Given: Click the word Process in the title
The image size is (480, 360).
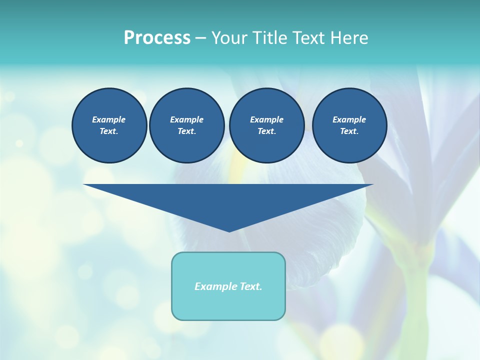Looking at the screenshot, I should click(x=157, y=38).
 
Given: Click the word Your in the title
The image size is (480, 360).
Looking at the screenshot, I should click(x=228, y=38).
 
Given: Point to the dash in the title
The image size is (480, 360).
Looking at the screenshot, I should click(x=200, y=38).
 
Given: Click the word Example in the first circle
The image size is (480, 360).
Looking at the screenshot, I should click(x=109, y=119).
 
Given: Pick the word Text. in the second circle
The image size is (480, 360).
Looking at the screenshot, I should click(x=187, y=131).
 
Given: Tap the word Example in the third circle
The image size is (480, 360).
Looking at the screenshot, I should click(x=266, y=119).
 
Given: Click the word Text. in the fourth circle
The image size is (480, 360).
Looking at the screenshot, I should click(x=349, y=131).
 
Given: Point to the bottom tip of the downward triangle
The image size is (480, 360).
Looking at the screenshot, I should click(x=229, y=230).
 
